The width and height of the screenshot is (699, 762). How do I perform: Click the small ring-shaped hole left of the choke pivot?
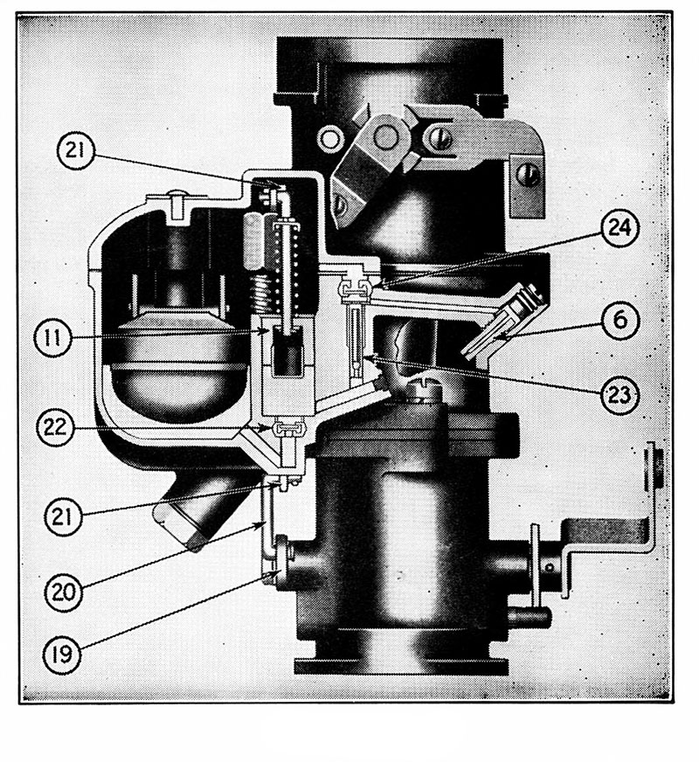click(329, 136)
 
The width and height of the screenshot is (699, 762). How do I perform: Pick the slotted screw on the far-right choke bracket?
click(529, 174)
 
